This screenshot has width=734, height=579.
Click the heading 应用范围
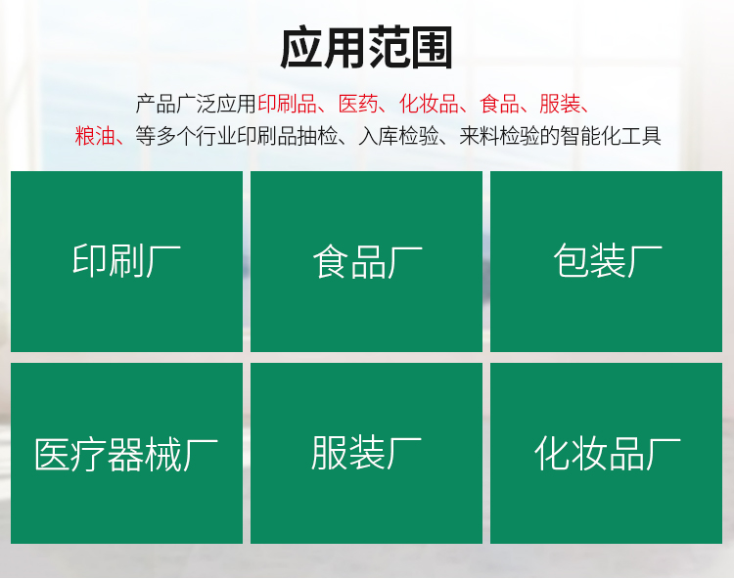point(367,48)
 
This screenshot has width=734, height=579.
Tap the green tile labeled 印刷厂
point(126,261)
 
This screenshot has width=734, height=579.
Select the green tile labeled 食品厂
point(367,261)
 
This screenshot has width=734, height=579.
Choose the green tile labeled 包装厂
point(606,261)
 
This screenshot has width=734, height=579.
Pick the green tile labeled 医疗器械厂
point(126,453)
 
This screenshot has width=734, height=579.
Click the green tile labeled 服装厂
point(367,453)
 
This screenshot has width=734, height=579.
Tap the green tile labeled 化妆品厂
point(606,453)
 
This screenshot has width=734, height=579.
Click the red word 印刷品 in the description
point(288,104)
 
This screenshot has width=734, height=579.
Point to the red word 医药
point(358,104)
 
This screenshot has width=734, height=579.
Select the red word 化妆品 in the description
point(429,104)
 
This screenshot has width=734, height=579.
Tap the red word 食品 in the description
point(499,104)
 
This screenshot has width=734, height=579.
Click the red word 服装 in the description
point(560,104)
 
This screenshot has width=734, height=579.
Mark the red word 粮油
point(95,136)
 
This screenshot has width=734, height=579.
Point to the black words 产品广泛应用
point(196,104)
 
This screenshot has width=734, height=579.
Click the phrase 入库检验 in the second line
point(399,136)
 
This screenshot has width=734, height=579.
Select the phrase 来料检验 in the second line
point(499,136)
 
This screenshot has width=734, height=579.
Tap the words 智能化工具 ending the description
point(611,136)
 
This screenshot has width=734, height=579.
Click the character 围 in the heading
point(432,48)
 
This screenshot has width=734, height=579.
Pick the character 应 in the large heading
point(301,48)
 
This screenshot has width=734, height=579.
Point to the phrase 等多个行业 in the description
point(186,136)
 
